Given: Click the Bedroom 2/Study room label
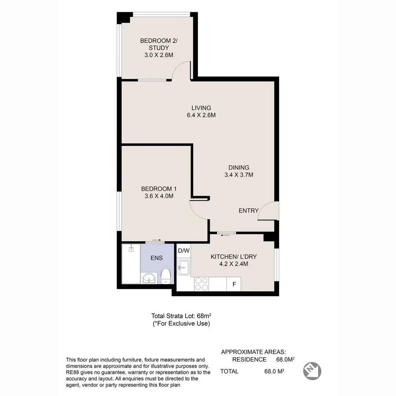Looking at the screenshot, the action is (159, 44).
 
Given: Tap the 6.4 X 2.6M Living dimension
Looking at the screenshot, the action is (201, 115).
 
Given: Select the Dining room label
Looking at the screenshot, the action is (239, 168).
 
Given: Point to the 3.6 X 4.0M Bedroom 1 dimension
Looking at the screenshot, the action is (159, 196).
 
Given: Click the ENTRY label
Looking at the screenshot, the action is (249, 210).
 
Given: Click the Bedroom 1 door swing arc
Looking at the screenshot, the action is (195, 213).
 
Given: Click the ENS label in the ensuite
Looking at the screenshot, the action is (157, 258).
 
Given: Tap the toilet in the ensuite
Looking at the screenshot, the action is (166, 275).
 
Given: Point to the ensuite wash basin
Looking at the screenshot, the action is (149, 278).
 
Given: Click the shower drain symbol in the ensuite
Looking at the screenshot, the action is (131, 249).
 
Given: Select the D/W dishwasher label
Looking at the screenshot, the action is (184, 251).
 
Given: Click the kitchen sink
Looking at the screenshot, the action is (184, 267).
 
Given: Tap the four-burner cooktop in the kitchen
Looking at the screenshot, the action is (202, 284).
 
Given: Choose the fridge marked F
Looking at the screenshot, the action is (234, 284).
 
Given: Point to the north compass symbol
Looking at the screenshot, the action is (312, 371).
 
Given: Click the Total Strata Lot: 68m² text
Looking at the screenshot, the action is (181, 316).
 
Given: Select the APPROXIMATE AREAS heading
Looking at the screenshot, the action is (253, 352).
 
